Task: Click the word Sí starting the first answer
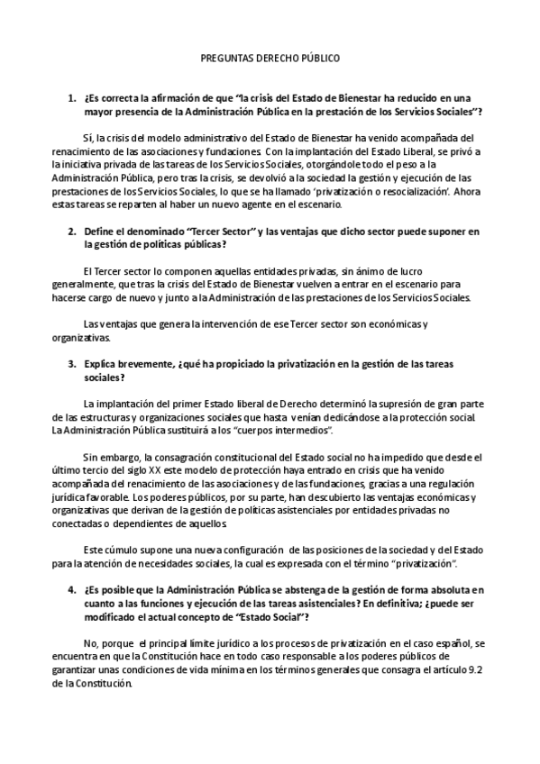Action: coord(87,137)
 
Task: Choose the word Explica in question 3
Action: coord(102,364)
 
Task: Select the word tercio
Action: coord(98,470)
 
